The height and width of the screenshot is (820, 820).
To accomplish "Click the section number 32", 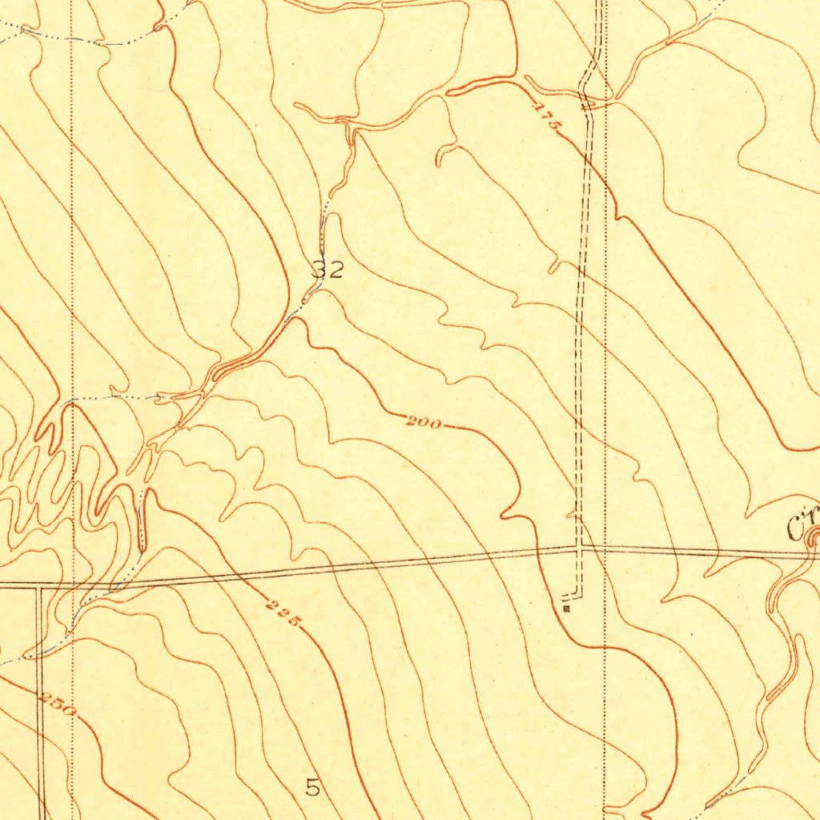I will pyautogui.click(x=328, y=269).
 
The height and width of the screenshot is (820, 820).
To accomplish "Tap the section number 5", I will pyautogui.click(x=312, y=787).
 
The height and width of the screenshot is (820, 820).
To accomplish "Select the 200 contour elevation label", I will pyautogui.click(x=423, y=422).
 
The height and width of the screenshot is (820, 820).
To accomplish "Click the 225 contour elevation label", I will pyautogui.click(x=284, y=613).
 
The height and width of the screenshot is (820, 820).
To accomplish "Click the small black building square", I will pyautogui.click(x=566, y=609).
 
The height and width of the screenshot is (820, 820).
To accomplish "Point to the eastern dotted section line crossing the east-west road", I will pyautogui.click(x=605, y=549).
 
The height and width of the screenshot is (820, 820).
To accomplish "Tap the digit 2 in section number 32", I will pyautogui.click(x=336, y=269).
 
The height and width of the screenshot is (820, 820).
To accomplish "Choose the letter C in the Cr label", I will pyautogui.click(x=796, y=528).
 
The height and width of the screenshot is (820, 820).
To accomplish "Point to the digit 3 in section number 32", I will pyautogui.click(x=320, y=269).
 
